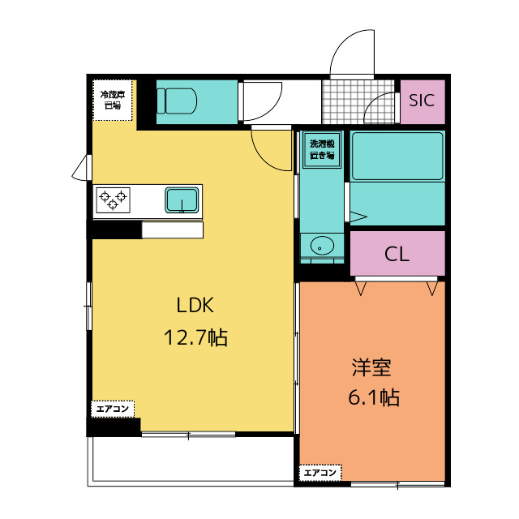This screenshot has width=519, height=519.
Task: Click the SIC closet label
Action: (x=422, y=101)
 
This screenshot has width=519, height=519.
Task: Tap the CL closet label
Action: (x=397, y=254)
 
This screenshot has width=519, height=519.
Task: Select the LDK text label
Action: (x=195, y=306)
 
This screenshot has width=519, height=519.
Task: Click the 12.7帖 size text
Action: (x=195, y=337)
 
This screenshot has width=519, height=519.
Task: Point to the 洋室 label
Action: (x=371, y=367)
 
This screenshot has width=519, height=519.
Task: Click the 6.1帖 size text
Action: (x=371, y=397)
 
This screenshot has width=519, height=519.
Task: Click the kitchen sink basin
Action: (x=183, y=199)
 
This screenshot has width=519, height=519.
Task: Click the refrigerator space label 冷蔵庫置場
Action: (x=112, y=100)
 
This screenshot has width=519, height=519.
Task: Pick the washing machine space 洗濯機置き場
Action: (x=322, y=150)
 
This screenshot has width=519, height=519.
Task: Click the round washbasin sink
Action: (x=321, y=244)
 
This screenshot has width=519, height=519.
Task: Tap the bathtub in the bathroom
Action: (x=397, y=156)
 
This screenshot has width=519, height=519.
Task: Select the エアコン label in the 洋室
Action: (x=321, y=472)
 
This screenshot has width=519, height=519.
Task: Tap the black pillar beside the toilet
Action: (x=146, y=103)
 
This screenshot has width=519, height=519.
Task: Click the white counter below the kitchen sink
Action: (x=172, y=230)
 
